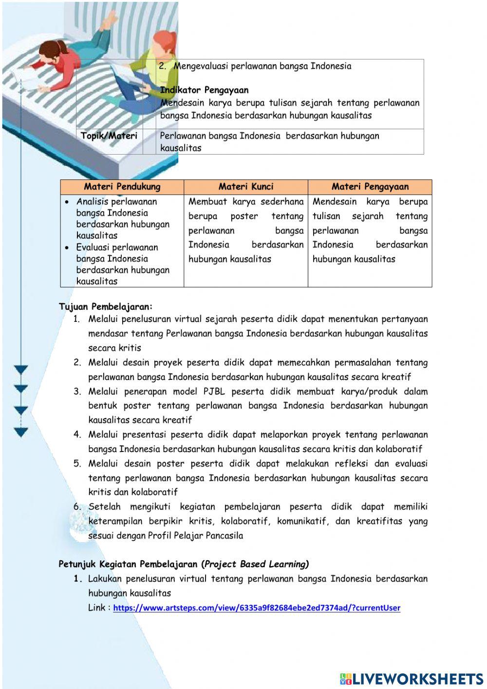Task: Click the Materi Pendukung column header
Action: point(122,187)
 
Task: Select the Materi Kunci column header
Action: point(246,187)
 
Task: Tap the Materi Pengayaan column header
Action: point(370,187)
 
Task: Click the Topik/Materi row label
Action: point(109,136)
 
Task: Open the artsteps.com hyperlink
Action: point(257,608)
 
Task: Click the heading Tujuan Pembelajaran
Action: point(106,307)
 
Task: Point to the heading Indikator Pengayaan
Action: point(204,90)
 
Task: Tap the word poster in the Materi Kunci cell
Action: point(244,216)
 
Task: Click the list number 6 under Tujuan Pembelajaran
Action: point(77,507)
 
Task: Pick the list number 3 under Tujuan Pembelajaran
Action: point(77,392)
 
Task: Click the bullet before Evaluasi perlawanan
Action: point(66,248)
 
